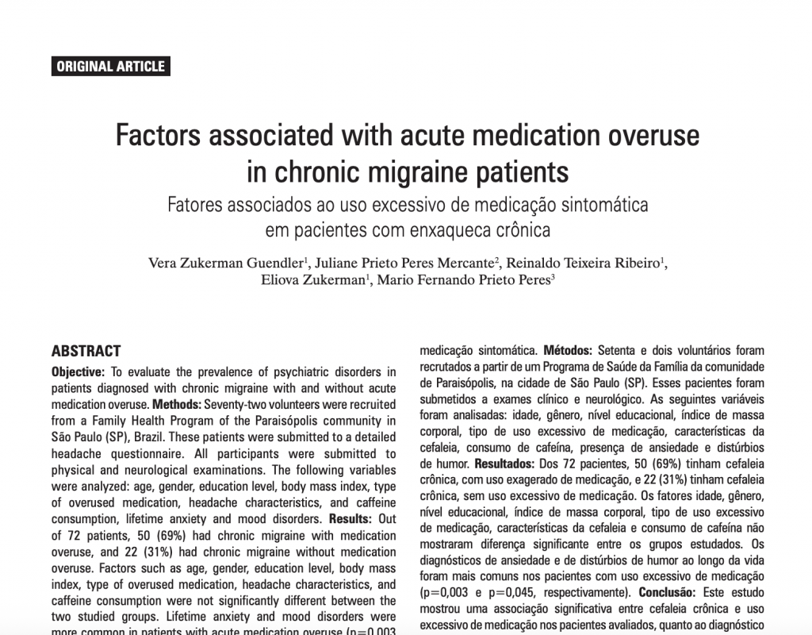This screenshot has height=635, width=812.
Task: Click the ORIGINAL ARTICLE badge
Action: click(111, 67)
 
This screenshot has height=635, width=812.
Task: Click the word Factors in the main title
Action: click(160, 136)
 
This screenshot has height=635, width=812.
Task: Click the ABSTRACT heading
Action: click(86, 351)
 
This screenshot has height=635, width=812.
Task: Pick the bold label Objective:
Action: click(78, 371)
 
